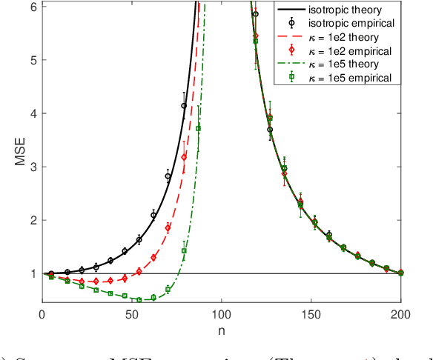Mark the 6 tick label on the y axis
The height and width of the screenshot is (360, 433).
coord(33,6)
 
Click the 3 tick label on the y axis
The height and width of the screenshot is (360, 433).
coord(33,167)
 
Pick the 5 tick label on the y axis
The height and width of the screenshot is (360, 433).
coord(33,59)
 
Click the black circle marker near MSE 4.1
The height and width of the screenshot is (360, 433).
coord(184,106)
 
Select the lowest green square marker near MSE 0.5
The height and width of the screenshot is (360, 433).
coord(139,300)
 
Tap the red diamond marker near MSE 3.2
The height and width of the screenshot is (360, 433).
coord(184,156)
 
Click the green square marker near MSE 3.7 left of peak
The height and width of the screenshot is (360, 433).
coord(198,128)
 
